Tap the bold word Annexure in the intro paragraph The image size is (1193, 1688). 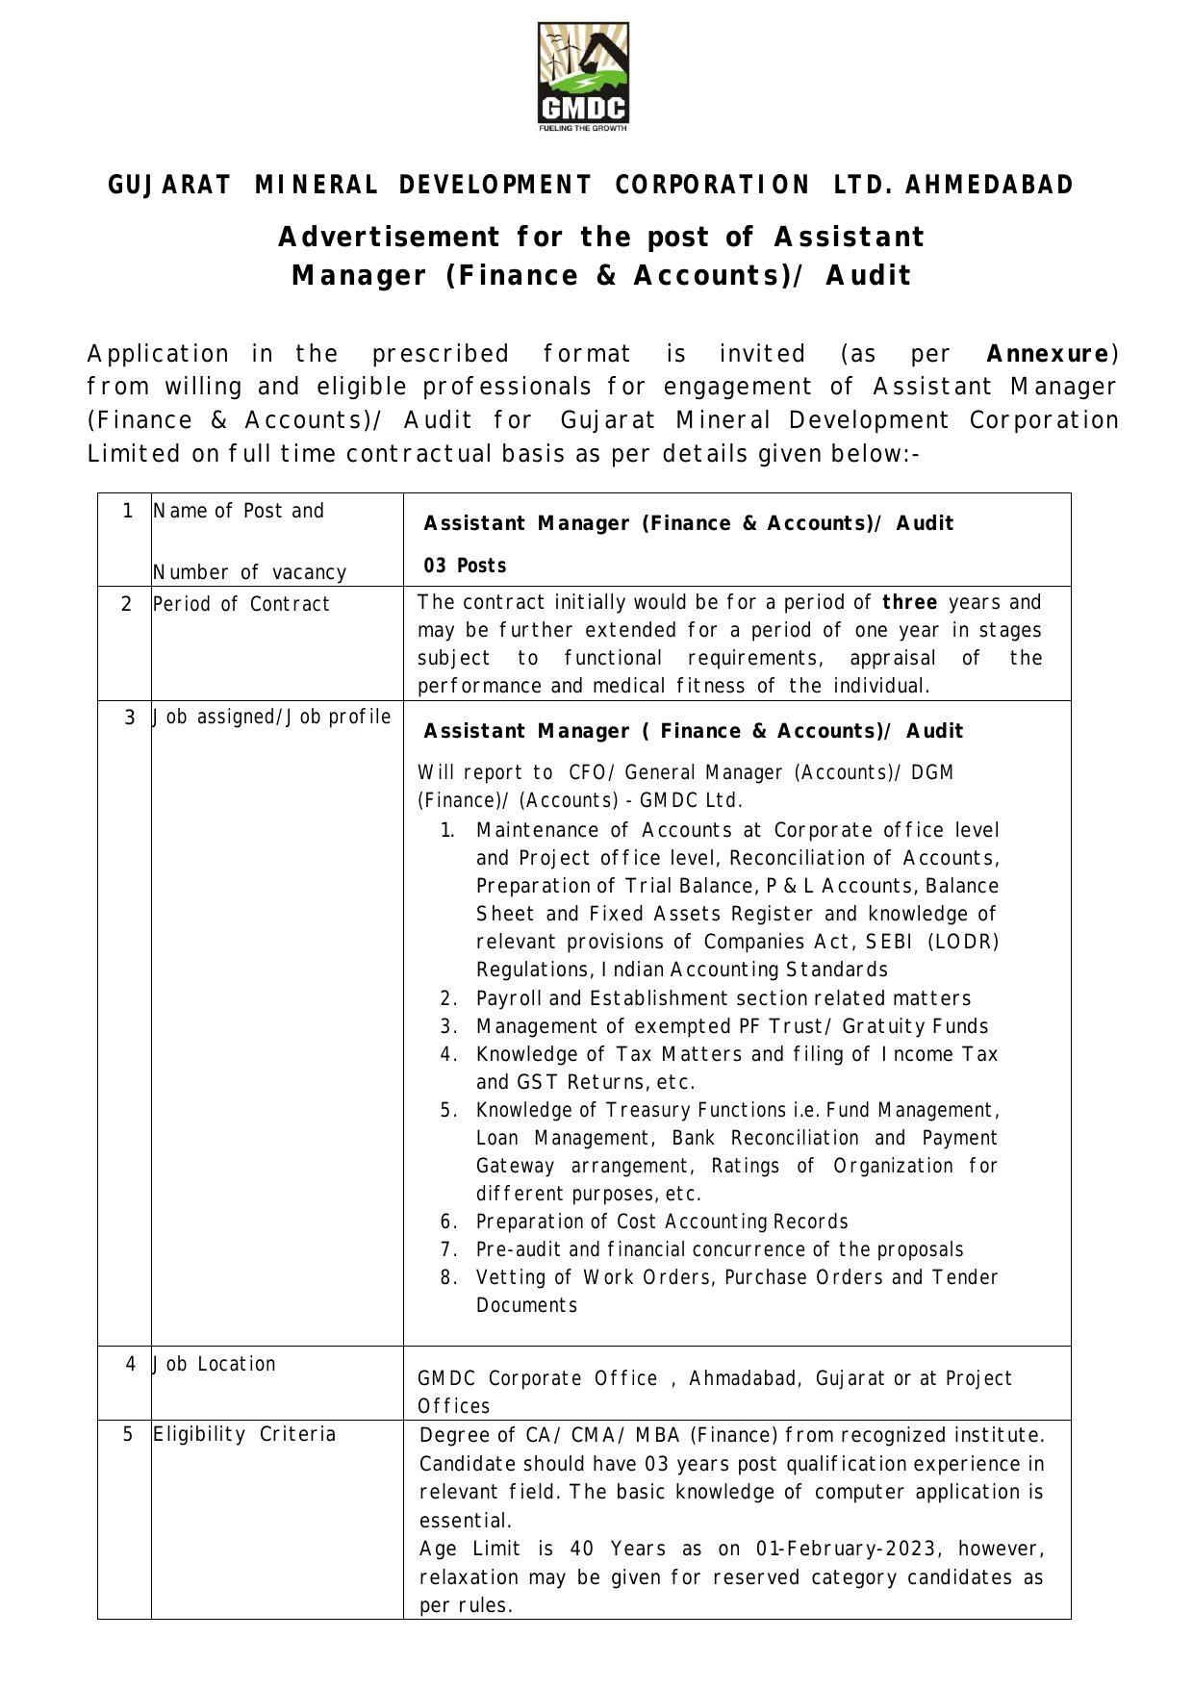[x=1047, y=354]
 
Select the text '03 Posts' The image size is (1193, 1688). [x=466, y=566]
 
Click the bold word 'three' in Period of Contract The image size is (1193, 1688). [x=910, y=602]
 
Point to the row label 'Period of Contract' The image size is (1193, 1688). [x=241, y=604]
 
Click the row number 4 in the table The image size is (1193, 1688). [x=131, y=1363]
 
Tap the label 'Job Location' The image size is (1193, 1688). [x=215, y=1364]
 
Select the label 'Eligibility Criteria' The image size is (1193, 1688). [x=244, y=1434]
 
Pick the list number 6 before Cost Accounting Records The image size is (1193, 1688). [x=448, y=1222]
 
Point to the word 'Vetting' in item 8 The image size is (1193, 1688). [x=510, y=1277]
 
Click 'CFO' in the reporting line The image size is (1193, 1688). [x=585, y=772]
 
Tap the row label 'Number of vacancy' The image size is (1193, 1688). [x=249, y=572]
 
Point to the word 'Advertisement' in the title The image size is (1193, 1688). [x=389, y=237]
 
